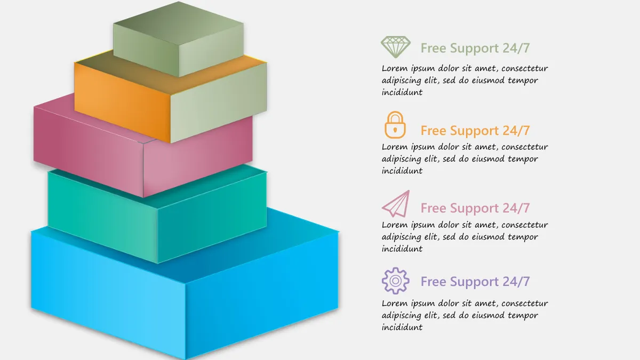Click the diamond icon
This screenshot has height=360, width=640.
tap(395, 47)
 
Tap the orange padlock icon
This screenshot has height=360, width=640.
tap(395, 125)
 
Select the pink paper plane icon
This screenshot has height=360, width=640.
tap(396, 204)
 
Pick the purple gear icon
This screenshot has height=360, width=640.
tap(395, 281)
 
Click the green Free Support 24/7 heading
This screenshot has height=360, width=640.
tap(475, 48)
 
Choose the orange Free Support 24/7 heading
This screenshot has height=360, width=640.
tap(475, 131)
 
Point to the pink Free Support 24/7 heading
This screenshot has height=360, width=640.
tap(475, 208)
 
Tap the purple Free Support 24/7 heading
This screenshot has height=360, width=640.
tap(475, 282)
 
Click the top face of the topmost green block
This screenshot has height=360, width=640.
tap(179, 23)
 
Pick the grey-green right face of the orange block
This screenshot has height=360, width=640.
tap(219, 102)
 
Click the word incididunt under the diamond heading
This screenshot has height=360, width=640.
tap(402, 92)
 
